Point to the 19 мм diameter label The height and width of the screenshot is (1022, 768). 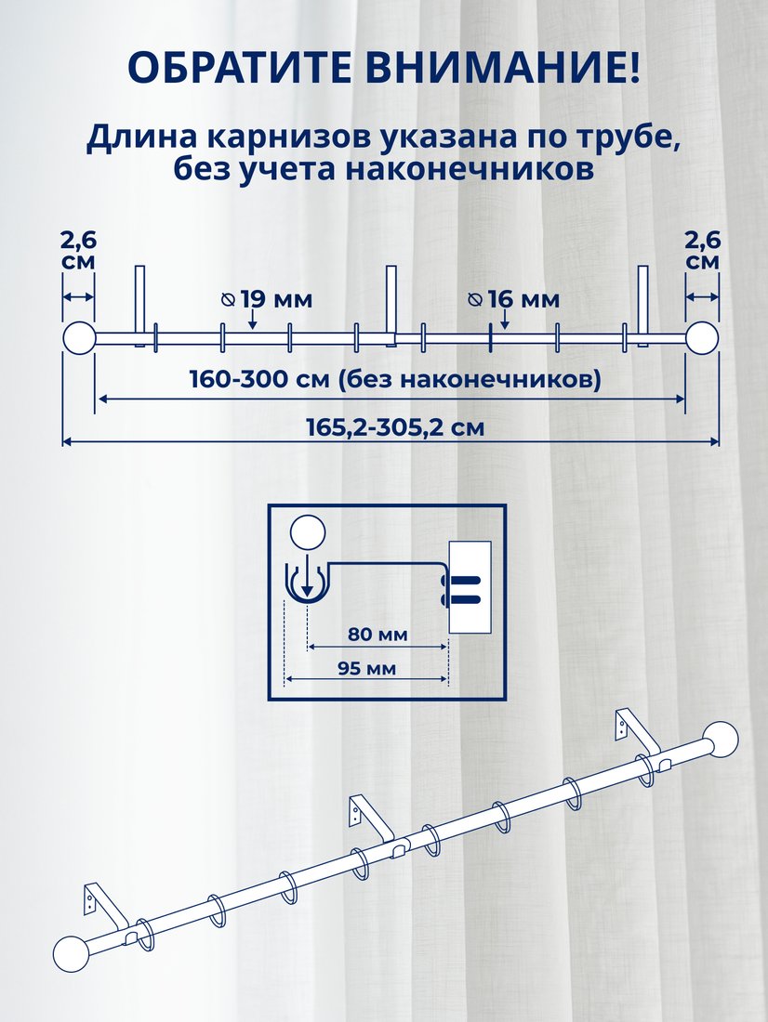coord(267,299)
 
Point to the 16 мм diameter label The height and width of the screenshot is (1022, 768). coord(513,299)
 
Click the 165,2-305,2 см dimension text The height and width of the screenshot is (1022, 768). coord(395,427)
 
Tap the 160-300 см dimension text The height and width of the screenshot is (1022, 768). coord(259,379)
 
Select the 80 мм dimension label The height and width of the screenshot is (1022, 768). coord(377,635)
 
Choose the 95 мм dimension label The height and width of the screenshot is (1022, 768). coord(366,668)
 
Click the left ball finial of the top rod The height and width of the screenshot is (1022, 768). coord(80,338)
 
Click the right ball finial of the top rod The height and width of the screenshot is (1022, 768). coord(702,338)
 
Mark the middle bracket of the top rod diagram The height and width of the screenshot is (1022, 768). coord(391,306)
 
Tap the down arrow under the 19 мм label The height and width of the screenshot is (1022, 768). coord(253,319)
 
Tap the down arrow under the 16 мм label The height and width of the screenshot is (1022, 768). coord(504,320)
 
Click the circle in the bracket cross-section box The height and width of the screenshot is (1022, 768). coord(308,531)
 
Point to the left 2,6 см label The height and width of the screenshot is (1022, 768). coord(78,250)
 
